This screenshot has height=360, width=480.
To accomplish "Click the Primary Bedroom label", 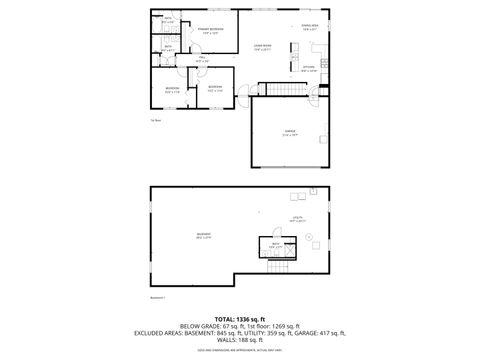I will click(210, 31).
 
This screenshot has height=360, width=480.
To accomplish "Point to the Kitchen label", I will click(310, 69).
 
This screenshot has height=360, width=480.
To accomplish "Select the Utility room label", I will click(297, 218).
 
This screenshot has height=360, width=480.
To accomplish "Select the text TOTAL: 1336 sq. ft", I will click(240, 317).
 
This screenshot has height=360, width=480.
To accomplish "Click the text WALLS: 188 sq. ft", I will click(240, 339).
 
